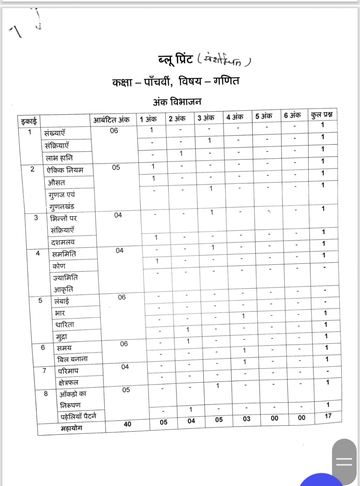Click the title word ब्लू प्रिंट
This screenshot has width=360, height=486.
click(x=175, y=60)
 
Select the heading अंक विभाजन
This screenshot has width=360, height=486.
click(x=177, y=102)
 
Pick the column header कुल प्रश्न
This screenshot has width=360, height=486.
click(x=322, y=115)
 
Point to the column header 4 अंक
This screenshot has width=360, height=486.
click(x=235, y=117)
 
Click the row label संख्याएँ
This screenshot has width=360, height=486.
click(x=55, y=133)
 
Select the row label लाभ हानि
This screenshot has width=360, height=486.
click(x=59, y=158)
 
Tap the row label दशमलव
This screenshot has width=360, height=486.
click(x=63, y=242)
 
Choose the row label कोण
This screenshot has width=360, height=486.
click(x=59, y=266)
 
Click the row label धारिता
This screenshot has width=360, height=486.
click(x=65, y=324)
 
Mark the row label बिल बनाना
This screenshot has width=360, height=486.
click(x=72, y=359)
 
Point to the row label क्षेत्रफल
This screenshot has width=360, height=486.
click(x=68, y=382)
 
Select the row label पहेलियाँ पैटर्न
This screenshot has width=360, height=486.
click(x=78, y=416)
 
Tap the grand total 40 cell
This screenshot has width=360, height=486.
click(x=127, y=424)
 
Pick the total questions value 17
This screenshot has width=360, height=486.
click(x=328, y=416)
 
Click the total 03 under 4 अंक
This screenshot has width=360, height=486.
click(x=246, y=419)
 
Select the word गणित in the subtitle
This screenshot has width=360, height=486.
click(x=226, y=81)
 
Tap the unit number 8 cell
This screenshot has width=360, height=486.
click(x=46, y=394)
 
